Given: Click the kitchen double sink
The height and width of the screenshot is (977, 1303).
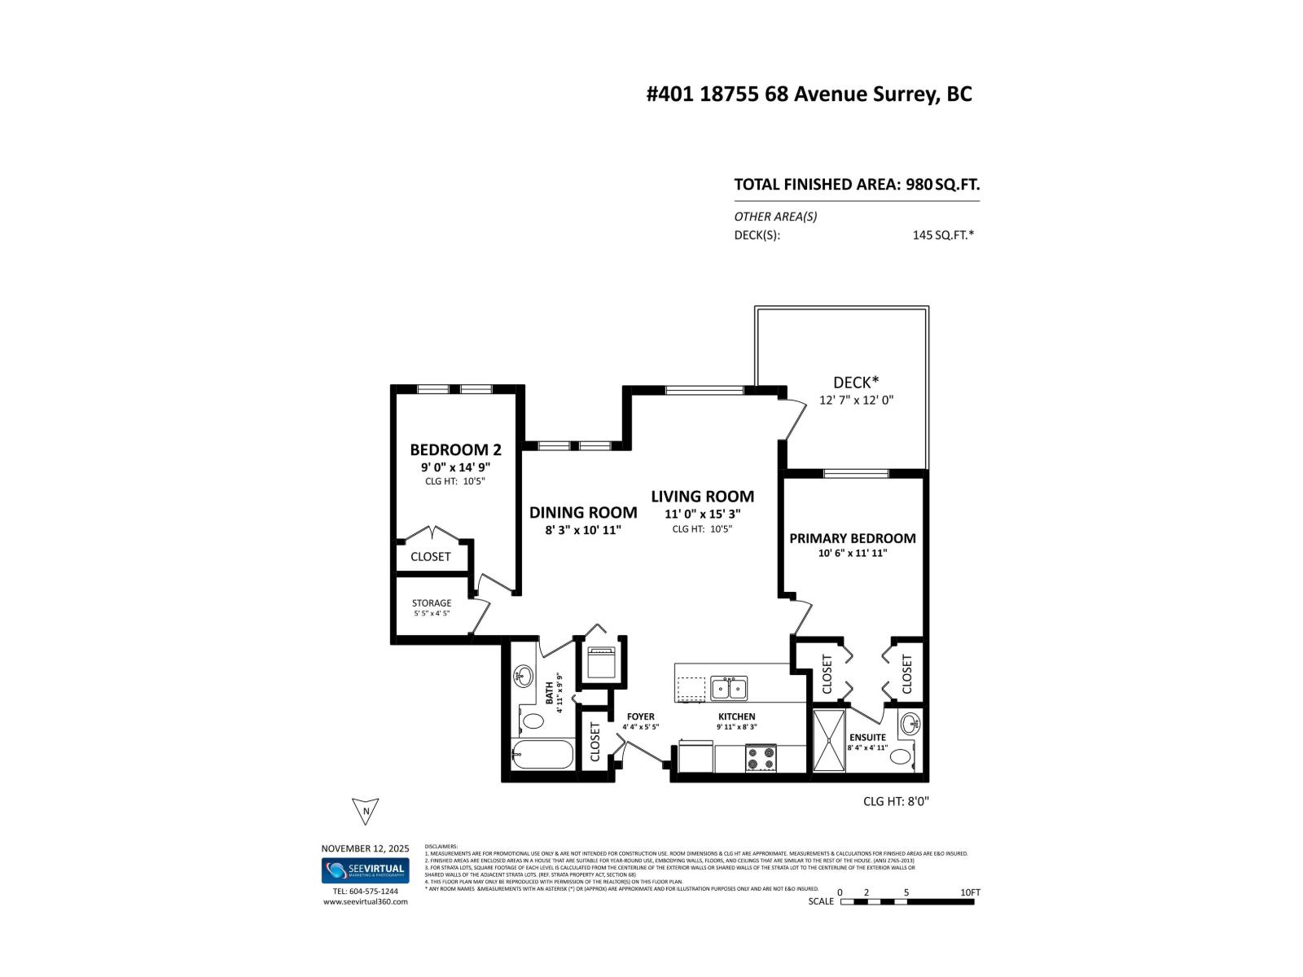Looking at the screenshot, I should [730, 689].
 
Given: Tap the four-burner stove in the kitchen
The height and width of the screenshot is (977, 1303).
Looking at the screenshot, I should [761, 758].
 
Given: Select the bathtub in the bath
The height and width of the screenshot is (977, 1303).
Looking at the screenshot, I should [543, 755].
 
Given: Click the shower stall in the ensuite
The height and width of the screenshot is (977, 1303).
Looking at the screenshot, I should [829, 740].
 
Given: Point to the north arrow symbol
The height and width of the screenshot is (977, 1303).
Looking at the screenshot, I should [366, 811].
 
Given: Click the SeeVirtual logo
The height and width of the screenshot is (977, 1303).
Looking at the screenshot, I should [366, 870].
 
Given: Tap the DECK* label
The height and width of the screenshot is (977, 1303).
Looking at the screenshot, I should [856, 382].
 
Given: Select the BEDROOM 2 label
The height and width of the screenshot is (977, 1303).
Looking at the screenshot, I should [455, 449].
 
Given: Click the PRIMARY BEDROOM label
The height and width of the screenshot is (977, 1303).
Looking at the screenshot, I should [852, 538].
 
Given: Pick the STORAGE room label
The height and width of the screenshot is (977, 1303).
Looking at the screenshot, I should [431, 603].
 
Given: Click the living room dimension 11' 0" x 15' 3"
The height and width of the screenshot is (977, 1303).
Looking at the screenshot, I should [702, 514].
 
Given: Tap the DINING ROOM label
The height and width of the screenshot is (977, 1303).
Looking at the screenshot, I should [583, 512].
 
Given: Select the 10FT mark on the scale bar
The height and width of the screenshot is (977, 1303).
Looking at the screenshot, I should [969, 892].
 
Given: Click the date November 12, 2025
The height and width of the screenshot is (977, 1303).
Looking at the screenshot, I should [365, 848].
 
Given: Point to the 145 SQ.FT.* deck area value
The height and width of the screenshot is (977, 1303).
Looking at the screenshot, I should [943, 235].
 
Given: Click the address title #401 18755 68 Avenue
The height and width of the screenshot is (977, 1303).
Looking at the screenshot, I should [809, 94].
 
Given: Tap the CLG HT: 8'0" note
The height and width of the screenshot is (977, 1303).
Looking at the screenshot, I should [896, 801].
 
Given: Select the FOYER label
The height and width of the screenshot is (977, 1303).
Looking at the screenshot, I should [640, 716].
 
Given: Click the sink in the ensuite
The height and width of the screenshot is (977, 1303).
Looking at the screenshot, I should [910, 722].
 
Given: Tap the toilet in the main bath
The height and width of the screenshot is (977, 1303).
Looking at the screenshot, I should [533, 721].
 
